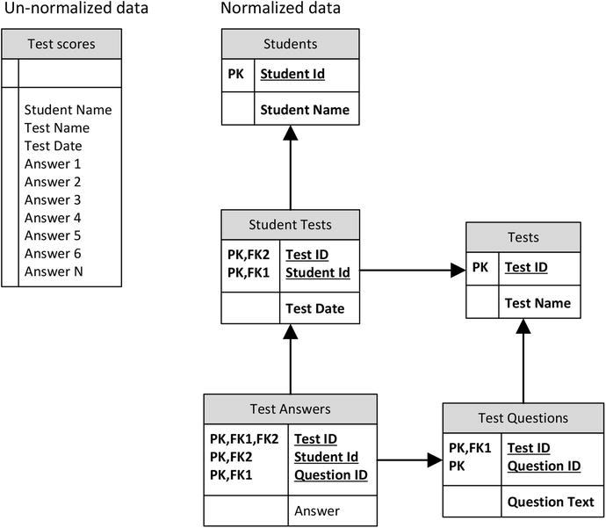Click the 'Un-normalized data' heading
point(75,10)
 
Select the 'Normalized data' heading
point(280,10)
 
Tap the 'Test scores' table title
point(61,44)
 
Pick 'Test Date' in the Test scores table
point(53,146)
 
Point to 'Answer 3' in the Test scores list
point(53,199)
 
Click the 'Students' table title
point(290,44)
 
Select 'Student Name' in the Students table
point(305,110)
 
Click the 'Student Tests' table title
point(290,225)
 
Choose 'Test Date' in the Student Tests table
point(314,308)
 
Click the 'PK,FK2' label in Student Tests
point(249,255)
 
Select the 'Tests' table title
point(523,237)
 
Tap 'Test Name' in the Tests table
point(537,303)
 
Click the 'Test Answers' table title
point(291,409)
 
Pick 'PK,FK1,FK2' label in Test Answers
point(243,438)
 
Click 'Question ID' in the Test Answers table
point(330,475)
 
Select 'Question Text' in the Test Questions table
point(547,502)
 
